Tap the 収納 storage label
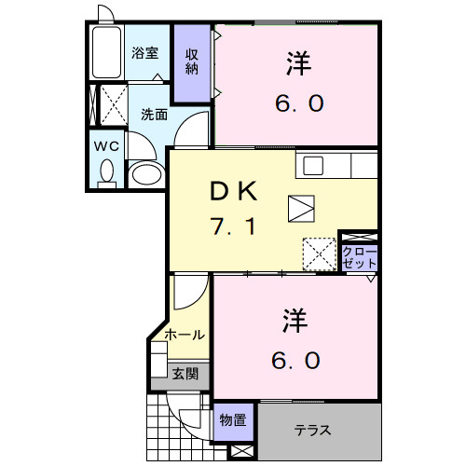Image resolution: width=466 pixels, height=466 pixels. click(193, 62)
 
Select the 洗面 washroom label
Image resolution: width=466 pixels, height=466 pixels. click(154, 115)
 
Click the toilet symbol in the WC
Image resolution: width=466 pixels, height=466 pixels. click(105, 172)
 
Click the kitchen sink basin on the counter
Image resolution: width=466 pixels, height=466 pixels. click(312, 166)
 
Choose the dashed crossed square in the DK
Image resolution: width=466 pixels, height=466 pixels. click(319, 252)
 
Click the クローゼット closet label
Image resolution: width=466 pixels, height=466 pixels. click(359, 257)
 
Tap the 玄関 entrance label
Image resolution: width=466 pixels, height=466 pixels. click(185, 374)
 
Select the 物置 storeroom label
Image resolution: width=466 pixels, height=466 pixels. click(233, 420)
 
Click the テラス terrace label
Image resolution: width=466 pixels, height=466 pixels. click(313, 432)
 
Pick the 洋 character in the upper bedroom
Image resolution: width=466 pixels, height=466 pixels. click(297, 65)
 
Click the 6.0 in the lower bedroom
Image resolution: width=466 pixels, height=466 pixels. click(297, 359)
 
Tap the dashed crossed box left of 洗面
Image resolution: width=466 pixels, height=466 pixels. click(110, 105)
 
